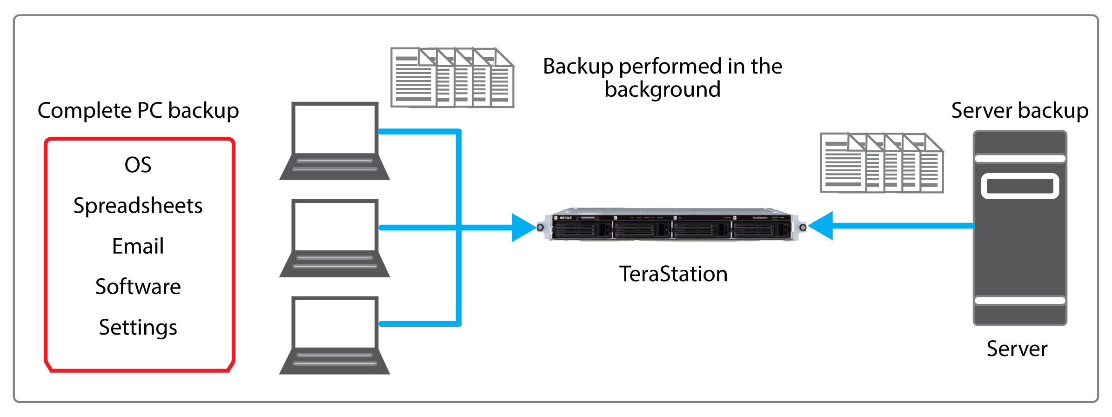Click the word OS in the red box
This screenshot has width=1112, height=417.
pyautogui.click(x=138, y=165)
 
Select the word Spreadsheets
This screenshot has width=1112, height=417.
pyautogui.click(x=138, y=206)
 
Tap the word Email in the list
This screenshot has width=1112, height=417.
pyautogui.click(x=138, y=246)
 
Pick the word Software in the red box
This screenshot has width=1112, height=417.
pyautogui.click(x=138, y=287)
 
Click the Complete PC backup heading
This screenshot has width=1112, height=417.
pyautogui.click(x=138, y=111)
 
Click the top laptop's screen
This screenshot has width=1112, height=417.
pyautogui.click(x=335, y=129)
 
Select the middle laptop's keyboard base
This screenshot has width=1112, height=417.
pyautogui.click(x=335, y=264)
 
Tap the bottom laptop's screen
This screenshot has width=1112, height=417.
pyautogui.click(x=335, y=323)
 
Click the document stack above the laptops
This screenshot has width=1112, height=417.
pyautogui.click(x=452, y=78)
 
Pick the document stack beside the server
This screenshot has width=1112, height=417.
pyautogui.click(x=881, y=163)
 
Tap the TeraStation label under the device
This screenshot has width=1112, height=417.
pyautogui.click(x=673, y=274)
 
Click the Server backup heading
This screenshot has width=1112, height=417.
pyautogui.click(x=1019, y=111)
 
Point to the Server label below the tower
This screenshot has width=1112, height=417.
pyautogui.click(x=1017, y=349)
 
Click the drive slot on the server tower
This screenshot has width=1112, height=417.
pyautogui.click(x=1020, y=186)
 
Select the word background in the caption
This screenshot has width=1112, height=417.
pyautogui.click(x=662, y=89)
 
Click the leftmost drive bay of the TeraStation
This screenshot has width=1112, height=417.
pyautogui.click(x=582, y=229)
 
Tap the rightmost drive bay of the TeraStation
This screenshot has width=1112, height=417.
pyautogui.click(x=760, y=229)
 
